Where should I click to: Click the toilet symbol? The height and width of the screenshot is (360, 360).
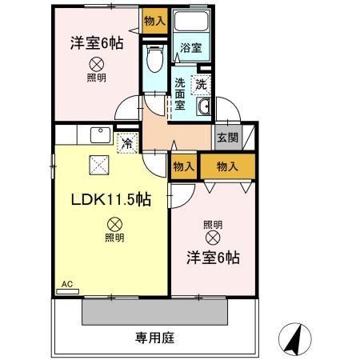coord(156,58)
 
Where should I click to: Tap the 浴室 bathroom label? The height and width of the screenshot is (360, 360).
coord(190,48)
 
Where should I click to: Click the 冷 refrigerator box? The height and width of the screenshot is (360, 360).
coord(126,144)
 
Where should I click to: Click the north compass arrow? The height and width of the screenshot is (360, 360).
coord(294,339)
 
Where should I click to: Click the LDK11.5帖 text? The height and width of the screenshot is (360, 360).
coord(110,198)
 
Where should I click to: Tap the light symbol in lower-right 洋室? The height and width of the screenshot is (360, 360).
coord(213,237)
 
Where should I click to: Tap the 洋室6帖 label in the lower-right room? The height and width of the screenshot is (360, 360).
coord(214,258)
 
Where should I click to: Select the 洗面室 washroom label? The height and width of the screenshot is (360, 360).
coord(181,93)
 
